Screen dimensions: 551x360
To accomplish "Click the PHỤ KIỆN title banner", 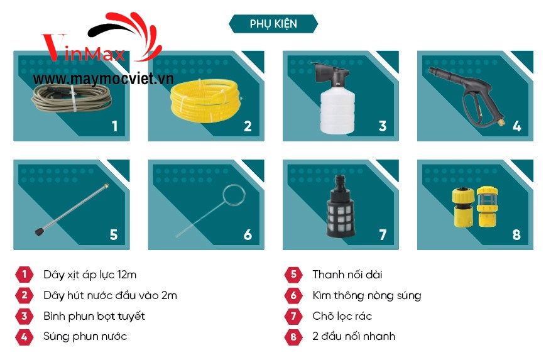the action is (x=273, y=23).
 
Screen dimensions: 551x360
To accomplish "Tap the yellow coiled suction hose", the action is (x=206, y=101).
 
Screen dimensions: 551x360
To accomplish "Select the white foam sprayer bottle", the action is (x=336, y=99).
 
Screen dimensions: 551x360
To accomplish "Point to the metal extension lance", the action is (x=72, y=210).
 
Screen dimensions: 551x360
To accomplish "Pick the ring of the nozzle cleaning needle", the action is (x=234, y=195).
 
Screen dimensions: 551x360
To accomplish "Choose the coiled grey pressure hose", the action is (x=72, y=98).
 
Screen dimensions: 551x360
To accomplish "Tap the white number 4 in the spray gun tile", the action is (x=516, y=126).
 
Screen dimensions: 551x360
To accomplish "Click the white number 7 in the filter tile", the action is (x=383, y=234).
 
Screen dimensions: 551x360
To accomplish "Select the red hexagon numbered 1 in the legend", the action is (x=25, y=274).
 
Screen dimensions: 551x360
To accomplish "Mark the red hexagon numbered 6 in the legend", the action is (x=293, y=295).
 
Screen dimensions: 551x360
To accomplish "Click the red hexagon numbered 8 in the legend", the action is (x=293, y=337).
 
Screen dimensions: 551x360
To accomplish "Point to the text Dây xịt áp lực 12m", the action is (x=90, y=275).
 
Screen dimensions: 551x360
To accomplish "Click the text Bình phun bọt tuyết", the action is (x=94, y=316).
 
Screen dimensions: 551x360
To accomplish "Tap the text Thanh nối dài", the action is (x=347, y=275).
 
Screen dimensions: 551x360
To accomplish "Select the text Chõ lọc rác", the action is (x=342, y=316).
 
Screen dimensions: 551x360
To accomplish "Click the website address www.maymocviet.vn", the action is (x=103, y=79).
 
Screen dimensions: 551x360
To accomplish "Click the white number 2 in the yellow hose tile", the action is (x=248, y=126).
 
